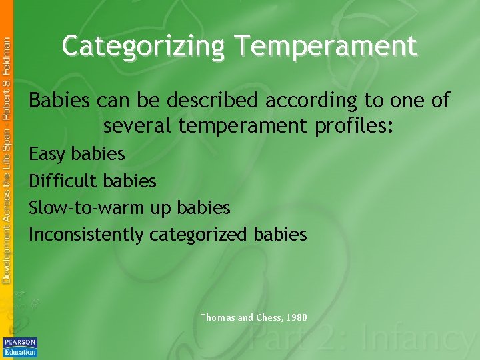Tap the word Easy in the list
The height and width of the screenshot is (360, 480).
tap(47, 155)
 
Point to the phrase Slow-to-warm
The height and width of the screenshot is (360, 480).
tap(90, 207)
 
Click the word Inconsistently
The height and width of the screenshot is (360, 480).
tap(87, 234)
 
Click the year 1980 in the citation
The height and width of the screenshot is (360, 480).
tap(296, 317)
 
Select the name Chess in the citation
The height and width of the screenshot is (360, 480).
tap(269, 317)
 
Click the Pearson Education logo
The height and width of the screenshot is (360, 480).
tap(20, 347)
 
